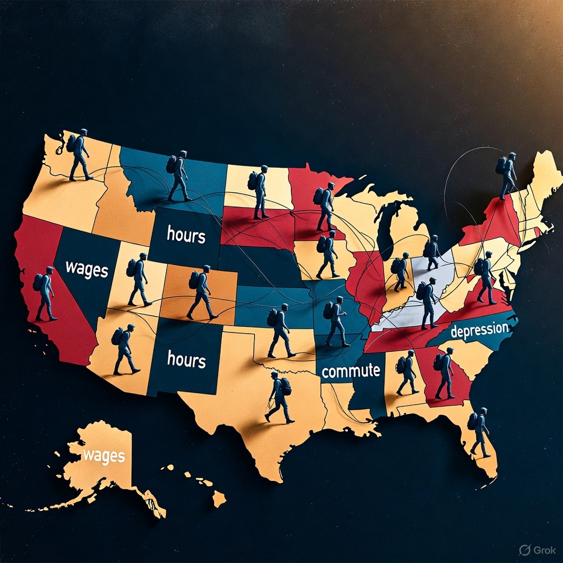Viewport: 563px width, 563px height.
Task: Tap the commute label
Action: (351, 371)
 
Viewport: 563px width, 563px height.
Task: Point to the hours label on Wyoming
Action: (186, 235)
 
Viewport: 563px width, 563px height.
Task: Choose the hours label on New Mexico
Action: (186, 359)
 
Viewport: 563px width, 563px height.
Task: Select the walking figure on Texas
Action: (279, 397)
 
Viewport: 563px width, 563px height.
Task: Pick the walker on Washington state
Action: (79, 154)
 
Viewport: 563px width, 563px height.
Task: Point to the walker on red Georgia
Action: (445, 373)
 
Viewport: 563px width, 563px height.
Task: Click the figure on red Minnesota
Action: (324, 206)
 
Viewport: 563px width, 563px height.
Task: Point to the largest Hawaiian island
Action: (219, 499)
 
